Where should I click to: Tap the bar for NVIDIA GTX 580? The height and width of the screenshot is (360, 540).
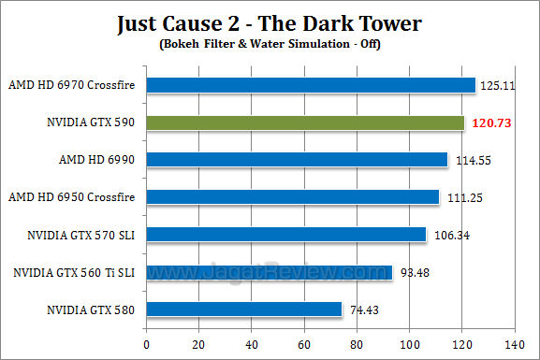pos(244,309)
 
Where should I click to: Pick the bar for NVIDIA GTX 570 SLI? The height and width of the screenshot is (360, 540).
pos(286,234)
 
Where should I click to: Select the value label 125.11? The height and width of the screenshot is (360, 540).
pos(497,85)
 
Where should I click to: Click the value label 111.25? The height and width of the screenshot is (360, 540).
pos(460,197)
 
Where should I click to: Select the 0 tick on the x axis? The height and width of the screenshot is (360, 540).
pos(146,343)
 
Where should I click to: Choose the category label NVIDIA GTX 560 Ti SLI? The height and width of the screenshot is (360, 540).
pos(73,272)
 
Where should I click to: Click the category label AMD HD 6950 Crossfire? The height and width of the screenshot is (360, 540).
pos(71,197)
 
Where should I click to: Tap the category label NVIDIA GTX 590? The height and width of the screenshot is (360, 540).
pos(90,122)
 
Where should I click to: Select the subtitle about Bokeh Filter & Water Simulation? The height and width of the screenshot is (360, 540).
pos(270,42)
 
